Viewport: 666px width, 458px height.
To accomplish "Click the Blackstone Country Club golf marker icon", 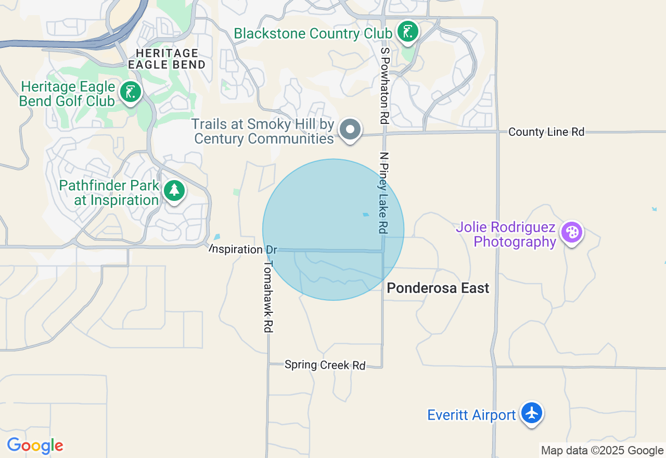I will (x=408, y=32).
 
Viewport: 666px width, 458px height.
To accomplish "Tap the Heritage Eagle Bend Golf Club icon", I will (x=130, y=92).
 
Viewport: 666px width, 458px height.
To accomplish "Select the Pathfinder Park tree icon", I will (x=174, y=190).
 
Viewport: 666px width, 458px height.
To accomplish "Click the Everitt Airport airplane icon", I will (x=532, y=413).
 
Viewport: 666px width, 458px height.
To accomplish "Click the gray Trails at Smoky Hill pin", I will (x=350, y=129).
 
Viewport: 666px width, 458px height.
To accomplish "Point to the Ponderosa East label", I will (x=438, y=288).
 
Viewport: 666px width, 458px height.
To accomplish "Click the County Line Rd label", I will (x=546, y=132).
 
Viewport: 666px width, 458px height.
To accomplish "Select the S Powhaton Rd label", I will (x=385, y=85).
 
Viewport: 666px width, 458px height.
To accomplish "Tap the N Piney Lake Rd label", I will (x=384, y=193).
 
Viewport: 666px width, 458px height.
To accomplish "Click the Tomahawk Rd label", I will (x=268, y=296).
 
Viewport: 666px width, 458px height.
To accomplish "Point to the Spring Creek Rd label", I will (x=325, y=365).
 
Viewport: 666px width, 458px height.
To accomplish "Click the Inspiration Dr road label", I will (x=244, y=249).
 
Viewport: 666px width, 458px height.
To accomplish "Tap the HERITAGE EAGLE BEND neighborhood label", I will (x=166, y=59).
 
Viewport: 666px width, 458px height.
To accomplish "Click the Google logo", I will (x=35, y=446).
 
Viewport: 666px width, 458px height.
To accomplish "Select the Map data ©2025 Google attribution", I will (x=602, y=451).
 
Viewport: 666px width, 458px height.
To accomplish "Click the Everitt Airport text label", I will (x=471, y=415).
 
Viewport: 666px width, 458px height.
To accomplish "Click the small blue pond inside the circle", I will (x=366, y=214).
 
